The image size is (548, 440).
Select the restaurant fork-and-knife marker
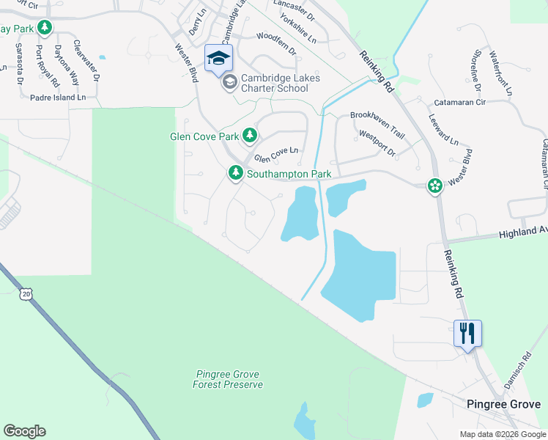pos(467,334)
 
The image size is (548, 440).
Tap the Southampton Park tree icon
pos(235,173)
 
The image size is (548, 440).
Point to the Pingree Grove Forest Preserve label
pos(228,379)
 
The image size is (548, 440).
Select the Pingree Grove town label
pos(504,404)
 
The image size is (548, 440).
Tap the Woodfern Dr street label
pos(275,37)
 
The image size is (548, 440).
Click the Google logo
pos(24,431)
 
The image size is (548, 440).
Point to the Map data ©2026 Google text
pos(502,434)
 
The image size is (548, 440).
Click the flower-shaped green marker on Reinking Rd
pos(435,186)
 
